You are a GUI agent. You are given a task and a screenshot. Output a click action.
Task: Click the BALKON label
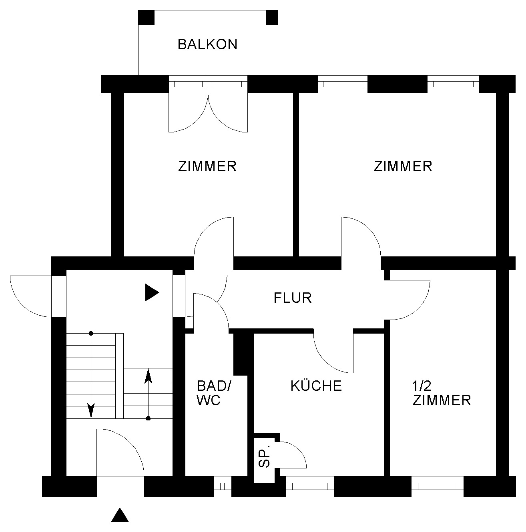tap(208, 44)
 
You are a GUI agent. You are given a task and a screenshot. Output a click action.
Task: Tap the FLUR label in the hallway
tap(293, 298)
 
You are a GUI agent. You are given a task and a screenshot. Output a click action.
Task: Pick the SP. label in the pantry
tap(265, 458)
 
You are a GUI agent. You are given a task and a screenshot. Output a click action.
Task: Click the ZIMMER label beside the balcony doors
tap(207, 166)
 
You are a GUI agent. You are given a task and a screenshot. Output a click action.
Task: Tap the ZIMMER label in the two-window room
tap(403, 166)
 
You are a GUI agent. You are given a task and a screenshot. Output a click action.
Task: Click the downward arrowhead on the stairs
tap(91, 410)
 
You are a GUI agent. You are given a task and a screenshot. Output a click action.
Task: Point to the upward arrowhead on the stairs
tap(149, 376)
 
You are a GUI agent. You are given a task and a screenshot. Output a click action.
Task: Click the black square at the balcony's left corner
tap(146, 17)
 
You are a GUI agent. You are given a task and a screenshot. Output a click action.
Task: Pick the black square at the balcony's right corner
tap(272, 17)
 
